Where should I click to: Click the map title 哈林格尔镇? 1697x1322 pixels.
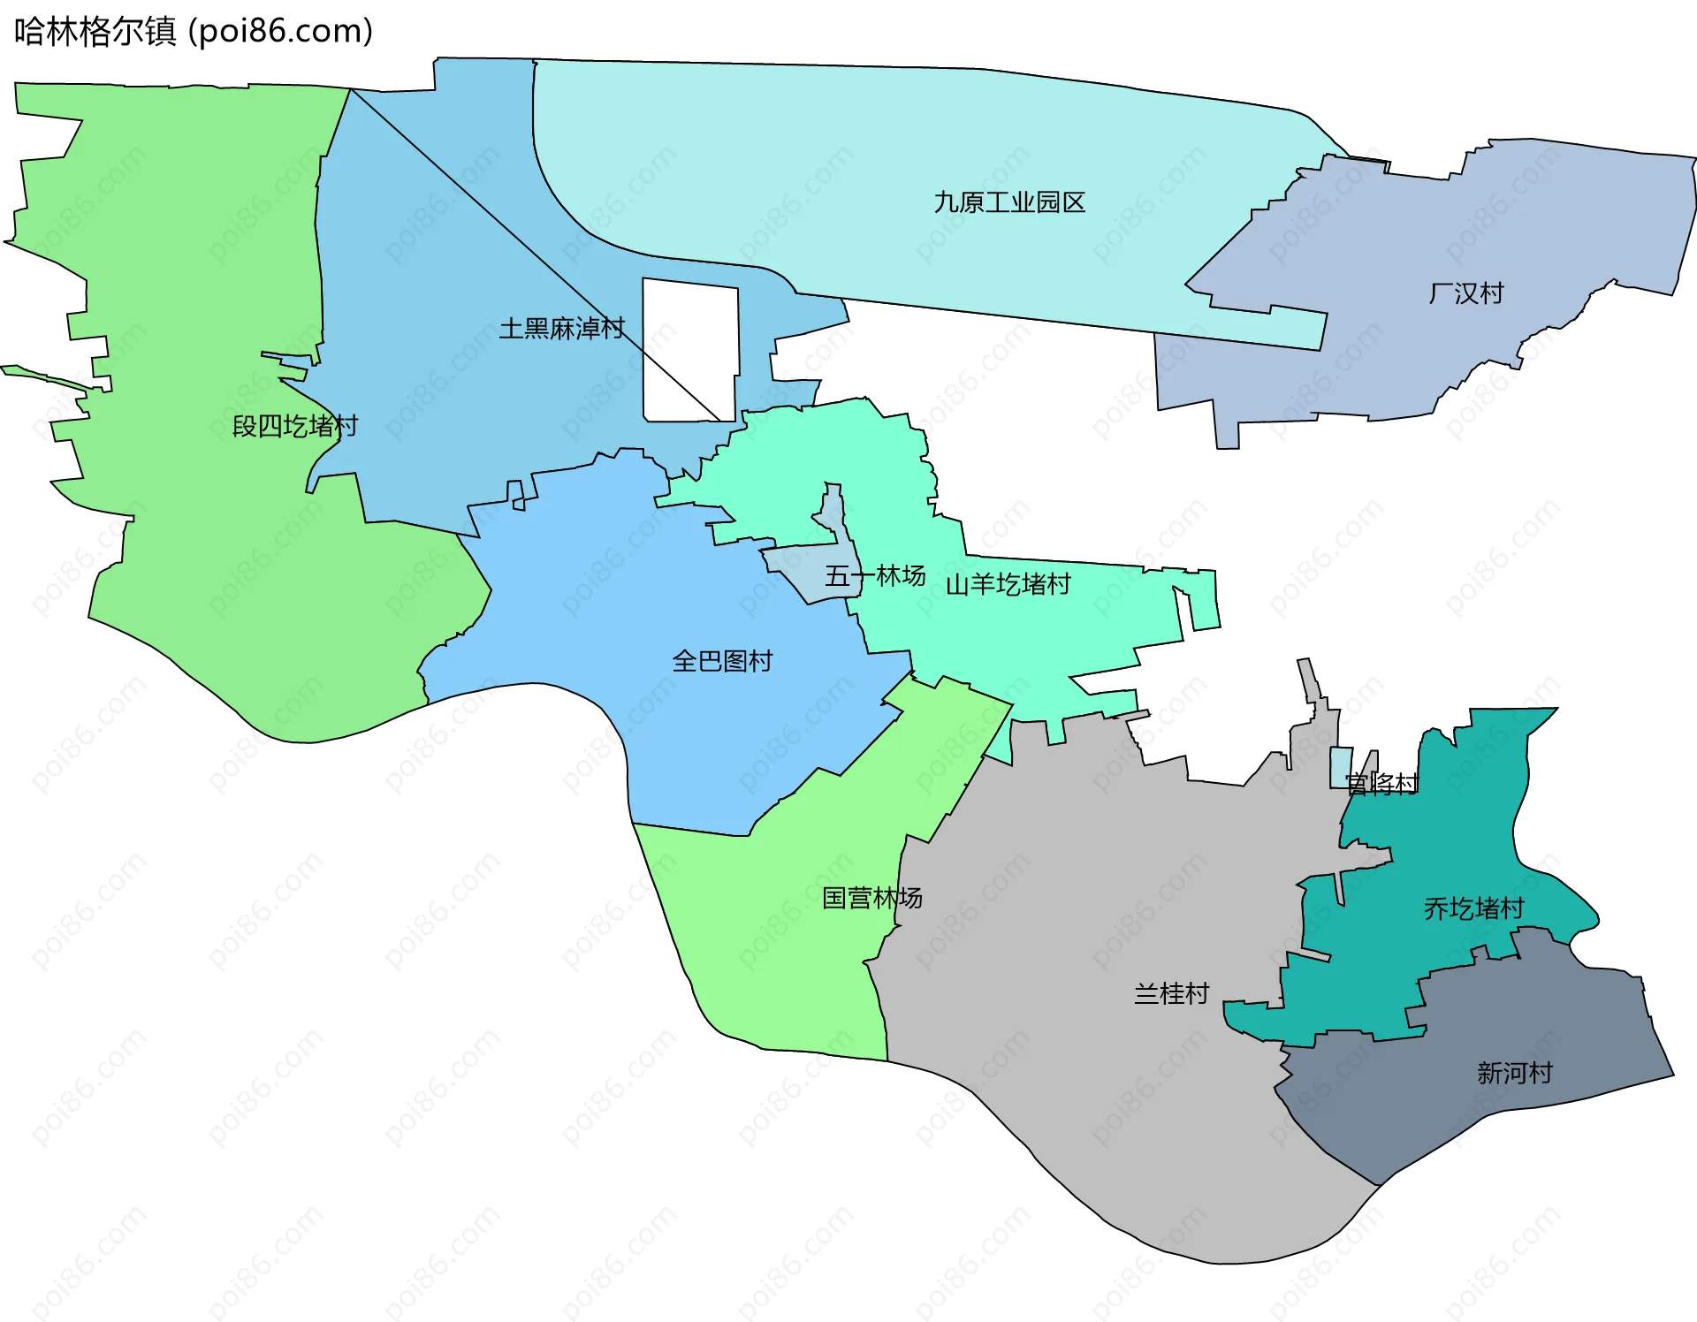click(95, 32)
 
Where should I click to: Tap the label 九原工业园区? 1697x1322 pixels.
click(1009, 203)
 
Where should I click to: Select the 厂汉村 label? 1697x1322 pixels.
click(1466, 293)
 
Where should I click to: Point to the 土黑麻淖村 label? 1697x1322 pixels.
click(561, 329)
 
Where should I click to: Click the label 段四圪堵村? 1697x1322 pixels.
click(294, 426)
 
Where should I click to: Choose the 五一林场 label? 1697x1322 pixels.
click(875, 576)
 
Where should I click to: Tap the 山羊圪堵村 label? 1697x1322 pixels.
click(1008, 584)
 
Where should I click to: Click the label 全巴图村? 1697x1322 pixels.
click(722, 661)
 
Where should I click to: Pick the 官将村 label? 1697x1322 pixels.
click(1381, 783)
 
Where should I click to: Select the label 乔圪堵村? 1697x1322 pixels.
click(1473, 908)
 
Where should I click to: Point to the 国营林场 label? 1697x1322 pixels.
click(872, 898)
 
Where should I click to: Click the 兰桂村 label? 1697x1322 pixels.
click(1171, 993)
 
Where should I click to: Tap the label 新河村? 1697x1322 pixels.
click(1515, 1073)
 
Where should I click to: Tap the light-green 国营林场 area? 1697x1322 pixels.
click(778, 954)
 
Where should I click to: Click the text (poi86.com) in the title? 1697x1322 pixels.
click(281, 32)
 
